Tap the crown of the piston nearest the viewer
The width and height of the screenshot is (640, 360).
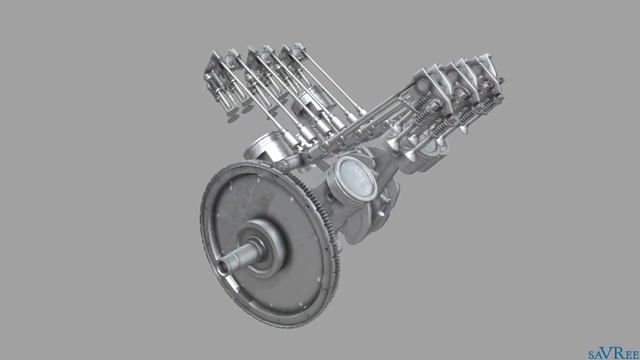[354, 178]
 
